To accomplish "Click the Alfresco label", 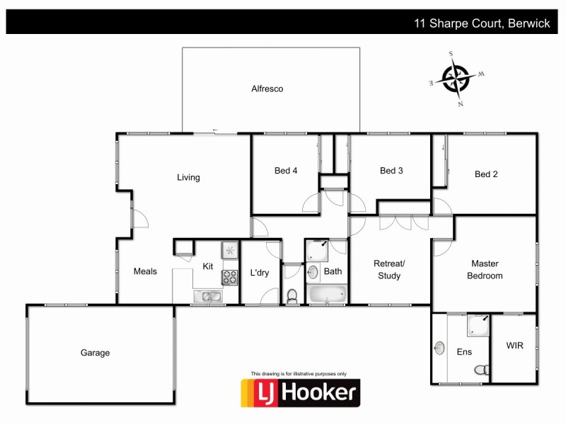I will [x=267, y=89].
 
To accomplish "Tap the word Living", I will [x=188, y=178].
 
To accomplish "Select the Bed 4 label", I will [x=286, y=171].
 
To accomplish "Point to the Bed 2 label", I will [x=486, y=174].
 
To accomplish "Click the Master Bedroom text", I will [x=485, y=270].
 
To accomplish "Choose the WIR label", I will [x=514, y=346].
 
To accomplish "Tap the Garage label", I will [x=95, y=353].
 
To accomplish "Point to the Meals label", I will [x=145, y=271].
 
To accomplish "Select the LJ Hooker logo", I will [x=300, y=392].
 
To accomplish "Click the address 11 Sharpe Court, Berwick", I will [x=482, y=23].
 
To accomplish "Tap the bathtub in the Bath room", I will [x=327, y=294].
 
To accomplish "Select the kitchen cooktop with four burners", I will [x=230, y=277].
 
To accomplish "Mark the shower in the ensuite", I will [x=478, y=325].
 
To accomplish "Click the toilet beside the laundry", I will [x=292, y=295].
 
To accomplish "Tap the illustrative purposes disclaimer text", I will [x=299, y=373].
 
